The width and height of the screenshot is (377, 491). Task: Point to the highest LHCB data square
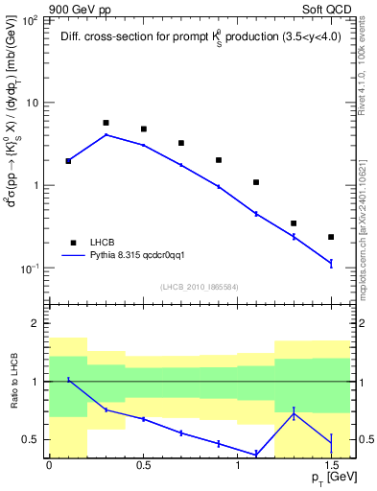[x=106, y=123]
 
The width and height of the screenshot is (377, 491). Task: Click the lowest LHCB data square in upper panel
[x=331, y=237]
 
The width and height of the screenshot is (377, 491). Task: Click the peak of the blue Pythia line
[x=106, y=134]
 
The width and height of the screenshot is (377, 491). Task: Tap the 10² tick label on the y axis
[x=32, y=19]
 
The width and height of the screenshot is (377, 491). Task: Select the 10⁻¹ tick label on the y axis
[x=32, y=269]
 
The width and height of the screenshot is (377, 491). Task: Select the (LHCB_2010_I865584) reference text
[x=199, y=287]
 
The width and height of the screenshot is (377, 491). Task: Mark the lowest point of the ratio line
[x=256, y=455]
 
